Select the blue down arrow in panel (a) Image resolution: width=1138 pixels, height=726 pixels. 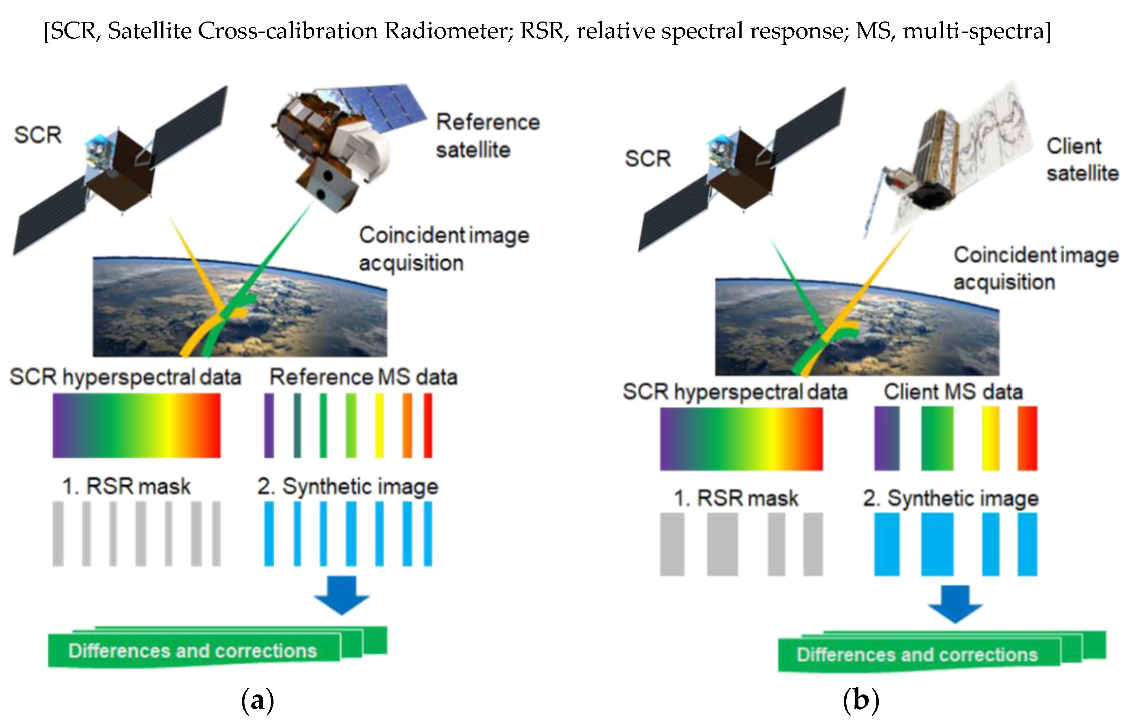click(342, 595)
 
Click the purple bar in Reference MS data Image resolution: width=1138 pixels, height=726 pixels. click(269, 425)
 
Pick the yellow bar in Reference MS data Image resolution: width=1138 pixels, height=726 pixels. click(379, 425)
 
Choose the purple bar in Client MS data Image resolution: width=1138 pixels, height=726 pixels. click(887, 438)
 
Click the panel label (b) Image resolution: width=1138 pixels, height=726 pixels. click(861, 700)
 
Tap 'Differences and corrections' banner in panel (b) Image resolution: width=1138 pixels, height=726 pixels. click(917, 655)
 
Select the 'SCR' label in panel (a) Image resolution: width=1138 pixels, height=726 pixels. click(38, 135)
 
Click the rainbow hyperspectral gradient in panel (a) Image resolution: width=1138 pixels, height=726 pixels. click(136, 425)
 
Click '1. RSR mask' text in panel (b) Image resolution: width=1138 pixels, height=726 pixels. click(735, 498)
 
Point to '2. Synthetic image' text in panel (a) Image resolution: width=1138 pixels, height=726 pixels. click(347, 487)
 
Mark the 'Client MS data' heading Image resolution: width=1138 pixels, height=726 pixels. click(953, 392)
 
